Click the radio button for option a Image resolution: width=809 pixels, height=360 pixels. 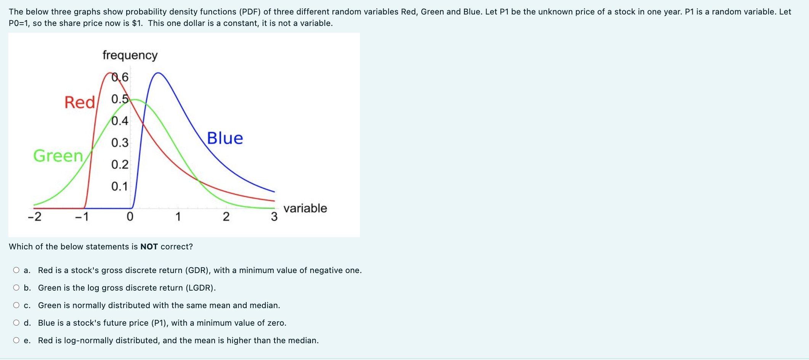pyautogui.click(x=16, y=270)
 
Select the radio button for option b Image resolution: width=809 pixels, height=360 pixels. pyautogui.click(x=16, y=288)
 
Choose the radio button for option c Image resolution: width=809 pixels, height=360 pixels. pyautogui.click(x=16, y=305)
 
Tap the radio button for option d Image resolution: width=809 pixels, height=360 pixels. pyautogui.click(x=16, y=323)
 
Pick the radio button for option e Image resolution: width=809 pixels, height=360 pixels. pyautogui.click(x=16, y=341)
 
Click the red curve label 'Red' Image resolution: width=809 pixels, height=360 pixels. pyautogui.click(x=79, y=102)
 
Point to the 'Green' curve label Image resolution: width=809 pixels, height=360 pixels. pyautogui.click(x=58, y=156)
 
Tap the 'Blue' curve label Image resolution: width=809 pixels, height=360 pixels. pyautogui.click(x=225, y=138)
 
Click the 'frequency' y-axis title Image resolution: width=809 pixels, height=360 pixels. pyautogui.click(x=130, y=55)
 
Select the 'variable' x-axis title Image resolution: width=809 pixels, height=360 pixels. pyautogui.click(x=305, y=208)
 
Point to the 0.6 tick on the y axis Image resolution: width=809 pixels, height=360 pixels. pyautogui.click(x=120, y=77)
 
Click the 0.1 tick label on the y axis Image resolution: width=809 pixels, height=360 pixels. pyautogui.click(x=120, y=186)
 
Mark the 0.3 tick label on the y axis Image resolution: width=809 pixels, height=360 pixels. pyautogui.click(x=120, y=143)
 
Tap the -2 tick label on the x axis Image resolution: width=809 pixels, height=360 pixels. pyautogui.click(x=34, y=217)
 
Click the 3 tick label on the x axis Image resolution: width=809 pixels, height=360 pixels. pyautogui.click(x=274, y=217)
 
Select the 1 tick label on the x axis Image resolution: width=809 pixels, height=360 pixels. pyautogui.click(x=178, y=217)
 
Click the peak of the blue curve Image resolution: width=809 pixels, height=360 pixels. pyautogui.click(x=158, y=72)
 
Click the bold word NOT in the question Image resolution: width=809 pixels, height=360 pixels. pyautogui.click(x=149, y=247)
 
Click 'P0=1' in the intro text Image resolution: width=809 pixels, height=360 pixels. pyautogui.click(x=19, y=23)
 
